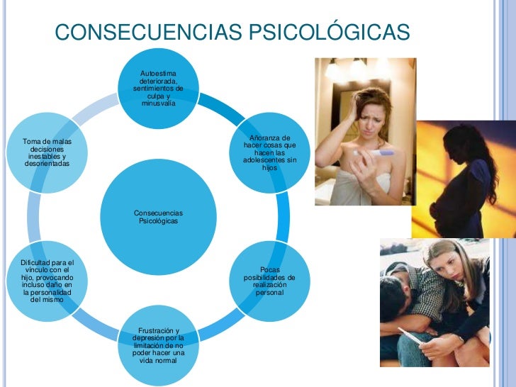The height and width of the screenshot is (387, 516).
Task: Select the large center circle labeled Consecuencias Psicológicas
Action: click(158, 217)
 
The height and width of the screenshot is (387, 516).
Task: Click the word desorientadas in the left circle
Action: click(47, 164)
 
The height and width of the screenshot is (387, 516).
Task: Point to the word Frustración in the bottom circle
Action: click(158, 331)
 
